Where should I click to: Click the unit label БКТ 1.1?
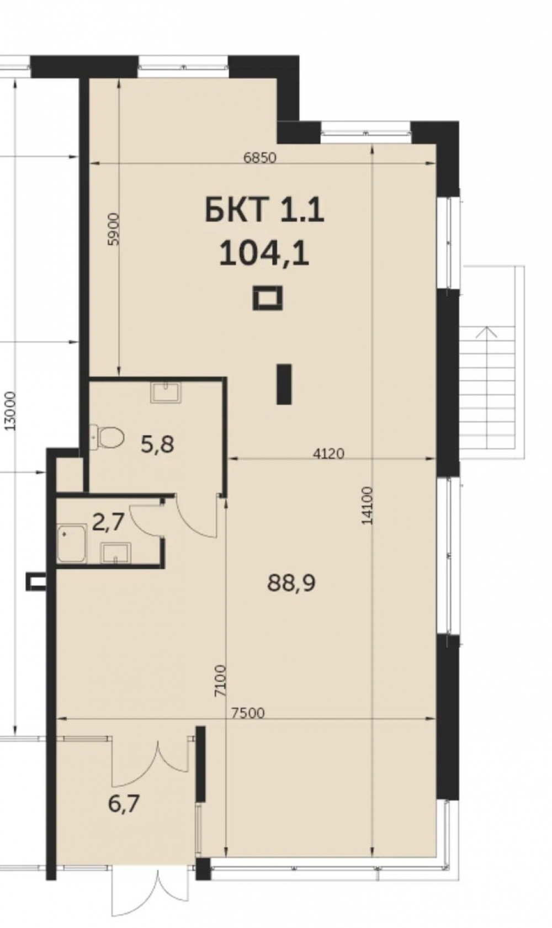(x=264, y=210)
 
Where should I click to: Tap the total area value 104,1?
(x=264, y=253)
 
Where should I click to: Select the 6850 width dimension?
(x=259, y=158)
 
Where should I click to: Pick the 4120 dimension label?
(x=328, y=454)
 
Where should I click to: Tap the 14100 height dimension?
(x=367, y=506)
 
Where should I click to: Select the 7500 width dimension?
(x=248, y=713)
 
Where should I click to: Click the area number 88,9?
(x=291, y=583)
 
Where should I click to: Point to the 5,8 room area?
(x=157, y=445)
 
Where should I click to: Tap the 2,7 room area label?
(x=108, y=522)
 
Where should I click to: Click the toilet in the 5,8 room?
(x=107, y=437)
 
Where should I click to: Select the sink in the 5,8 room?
(x=166, y=392)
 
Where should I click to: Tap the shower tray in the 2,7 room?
(x=72, y=544)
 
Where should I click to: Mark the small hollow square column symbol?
(x=268, y=298)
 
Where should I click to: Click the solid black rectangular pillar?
(x=284, y=384)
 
